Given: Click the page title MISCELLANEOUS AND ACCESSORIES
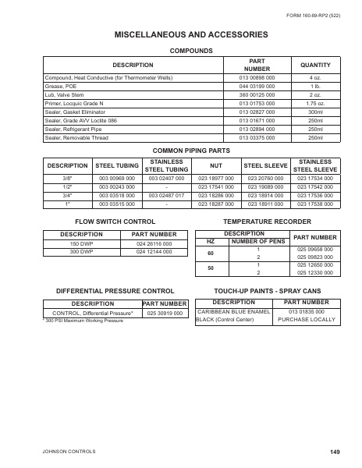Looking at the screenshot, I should [x=180, y=36].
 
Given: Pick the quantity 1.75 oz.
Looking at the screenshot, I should [x=315, y=101].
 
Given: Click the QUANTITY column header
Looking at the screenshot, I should [x=315, y=65].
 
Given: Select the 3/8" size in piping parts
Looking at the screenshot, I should [x=67, y=178].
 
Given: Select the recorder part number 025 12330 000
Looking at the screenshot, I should [x=314, y=273].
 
